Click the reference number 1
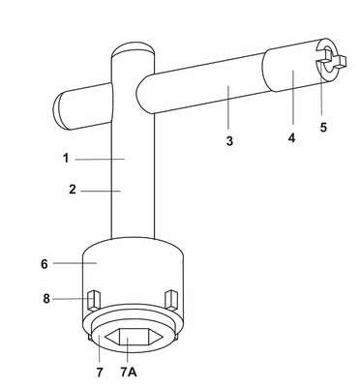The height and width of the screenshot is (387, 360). pyautogui.click(x=66, y=159)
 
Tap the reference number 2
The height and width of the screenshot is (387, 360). pyautogui.click(x=73, y=190)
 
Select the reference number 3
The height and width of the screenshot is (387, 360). pyautogui.click(x=229, y=141)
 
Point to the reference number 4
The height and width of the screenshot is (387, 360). pyautogui.click(x=291, y=138)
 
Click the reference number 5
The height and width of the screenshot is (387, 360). pyautogui.click(x=323, y=127)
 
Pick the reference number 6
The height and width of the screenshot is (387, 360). pyautogui.click(x=45, y=264)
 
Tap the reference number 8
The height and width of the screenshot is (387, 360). pyautogui.click(x=46, y=299)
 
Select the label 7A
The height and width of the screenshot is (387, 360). pyautogui.click(x=129, y=372)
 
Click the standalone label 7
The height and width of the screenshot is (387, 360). pyautogui.click(x=100, y=372)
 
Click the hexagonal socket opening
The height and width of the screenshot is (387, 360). pyautogui.click(x=134, y=337)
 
